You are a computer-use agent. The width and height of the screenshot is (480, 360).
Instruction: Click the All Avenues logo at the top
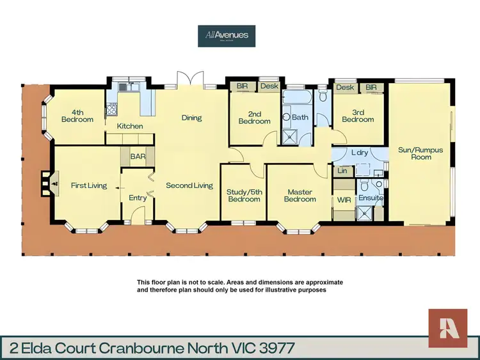click(227, 35)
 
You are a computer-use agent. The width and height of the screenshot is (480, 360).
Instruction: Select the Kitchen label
click(130, 126)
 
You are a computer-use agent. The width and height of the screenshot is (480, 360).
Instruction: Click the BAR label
click(138, 155)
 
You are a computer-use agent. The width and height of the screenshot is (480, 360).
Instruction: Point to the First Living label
click(88, 185)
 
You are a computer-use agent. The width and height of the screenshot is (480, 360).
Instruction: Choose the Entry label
click(138, 198)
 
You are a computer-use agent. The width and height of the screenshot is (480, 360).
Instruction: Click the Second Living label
click(189, 185)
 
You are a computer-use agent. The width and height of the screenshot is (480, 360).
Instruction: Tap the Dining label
click(191, 118)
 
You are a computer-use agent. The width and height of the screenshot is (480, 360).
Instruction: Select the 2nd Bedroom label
click(255, 117)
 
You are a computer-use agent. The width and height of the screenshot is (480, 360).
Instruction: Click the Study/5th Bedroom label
click(243, 195)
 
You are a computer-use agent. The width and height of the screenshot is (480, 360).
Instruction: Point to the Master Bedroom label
click(300, 195)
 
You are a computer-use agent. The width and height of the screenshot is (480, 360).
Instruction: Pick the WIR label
click(343, 200)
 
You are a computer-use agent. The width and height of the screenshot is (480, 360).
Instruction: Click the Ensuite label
click(371, 198)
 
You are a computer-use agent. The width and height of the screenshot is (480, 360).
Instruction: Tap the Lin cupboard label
click(342, 171)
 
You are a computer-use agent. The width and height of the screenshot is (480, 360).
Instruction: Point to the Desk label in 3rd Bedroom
click(344, 88)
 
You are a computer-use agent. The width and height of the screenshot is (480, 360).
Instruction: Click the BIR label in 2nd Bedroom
click(243, 86)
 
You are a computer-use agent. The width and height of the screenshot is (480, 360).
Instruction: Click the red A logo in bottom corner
click(448, 327)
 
